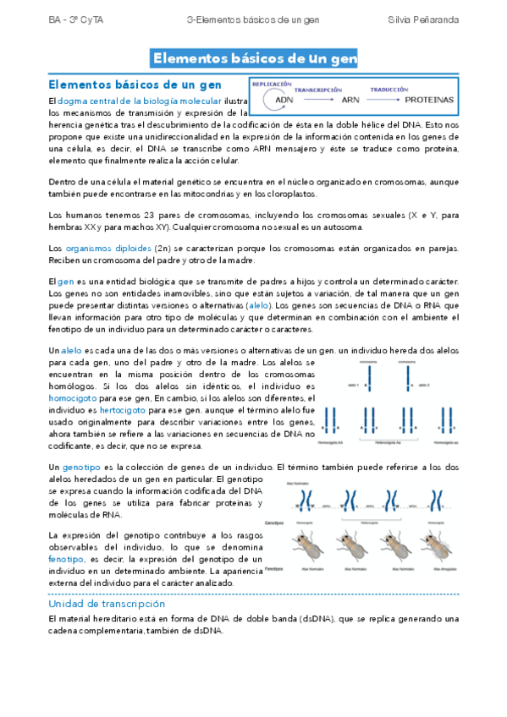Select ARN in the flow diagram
(350, 100)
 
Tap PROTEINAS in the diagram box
(428, 100)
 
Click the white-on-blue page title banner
(253, 58)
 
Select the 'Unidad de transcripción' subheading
(107, 605)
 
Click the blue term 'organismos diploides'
(106, 248)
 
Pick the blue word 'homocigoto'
(74, 397)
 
